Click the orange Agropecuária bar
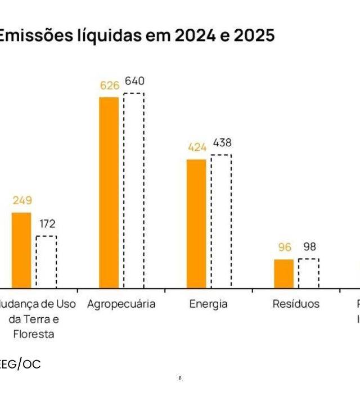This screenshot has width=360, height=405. click(x=109, y=192)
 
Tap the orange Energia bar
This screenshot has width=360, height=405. click(x=196, y=224)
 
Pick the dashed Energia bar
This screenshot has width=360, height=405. click(x=221, y=221)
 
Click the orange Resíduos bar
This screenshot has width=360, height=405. click(x=284, y=274)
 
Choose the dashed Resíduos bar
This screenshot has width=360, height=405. click(x=308, y=273)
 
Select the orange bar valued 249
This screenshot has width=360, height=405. click(x=21, y=250)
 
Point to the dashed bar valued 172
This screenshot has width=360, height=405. click(x=46, y=262)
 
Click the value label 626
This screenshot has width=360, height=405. click(x=110, y=85)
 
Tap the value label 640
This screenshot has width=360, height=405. click(x=134, y=81)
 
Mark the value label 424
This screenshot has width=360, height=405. click(x=197, y=147)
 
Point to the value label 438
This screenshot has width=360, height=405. click(x=222, y=143)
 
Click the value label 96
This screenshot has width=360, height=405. click(x=285, y=247)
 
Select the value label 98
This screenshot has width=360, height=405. click(x=309, y=247)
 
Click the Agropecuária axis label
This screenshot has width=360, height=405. click(x=121, y=304)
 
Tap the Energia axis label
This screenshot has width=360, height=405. click(x=208, y=304)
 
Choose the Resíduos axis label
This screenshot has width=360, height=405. click(x=296, y=304)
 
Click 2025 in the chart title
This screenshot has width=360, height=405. click(x=251, y=36)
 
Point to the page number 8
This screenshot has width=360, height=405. click(x=179, y=379)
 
